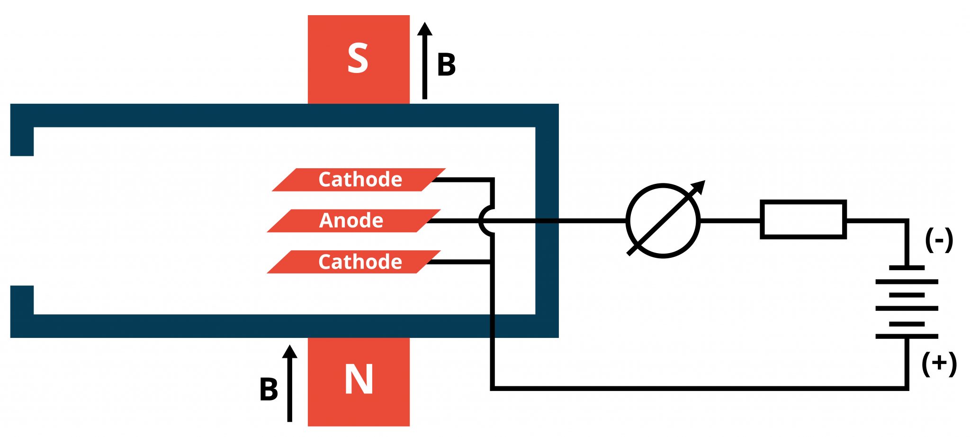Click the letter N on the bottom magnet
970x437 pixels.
(x=359, y=380)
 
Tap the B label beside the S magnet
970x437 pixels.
(x=446, y=65)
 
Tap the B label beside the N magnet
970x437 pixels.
(x=269, y=390)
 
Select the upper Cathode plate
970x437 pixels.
(x=359, y=180)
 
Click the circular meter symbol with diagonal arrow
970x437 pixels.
(x=663, y=221)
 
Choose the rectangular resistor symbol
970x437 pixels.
(x=803, y=219)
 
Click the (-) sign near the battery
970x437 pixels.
(x=938, y=240)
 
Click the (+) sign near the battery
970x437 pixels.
(x=939, y=364)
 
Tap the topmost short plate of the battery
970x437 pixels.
(x=907, y=268)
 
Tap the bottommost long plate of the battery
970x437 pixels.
(x=907, y=336)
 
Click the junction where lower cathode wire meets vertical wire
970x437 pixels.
(x=492, y=262)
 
